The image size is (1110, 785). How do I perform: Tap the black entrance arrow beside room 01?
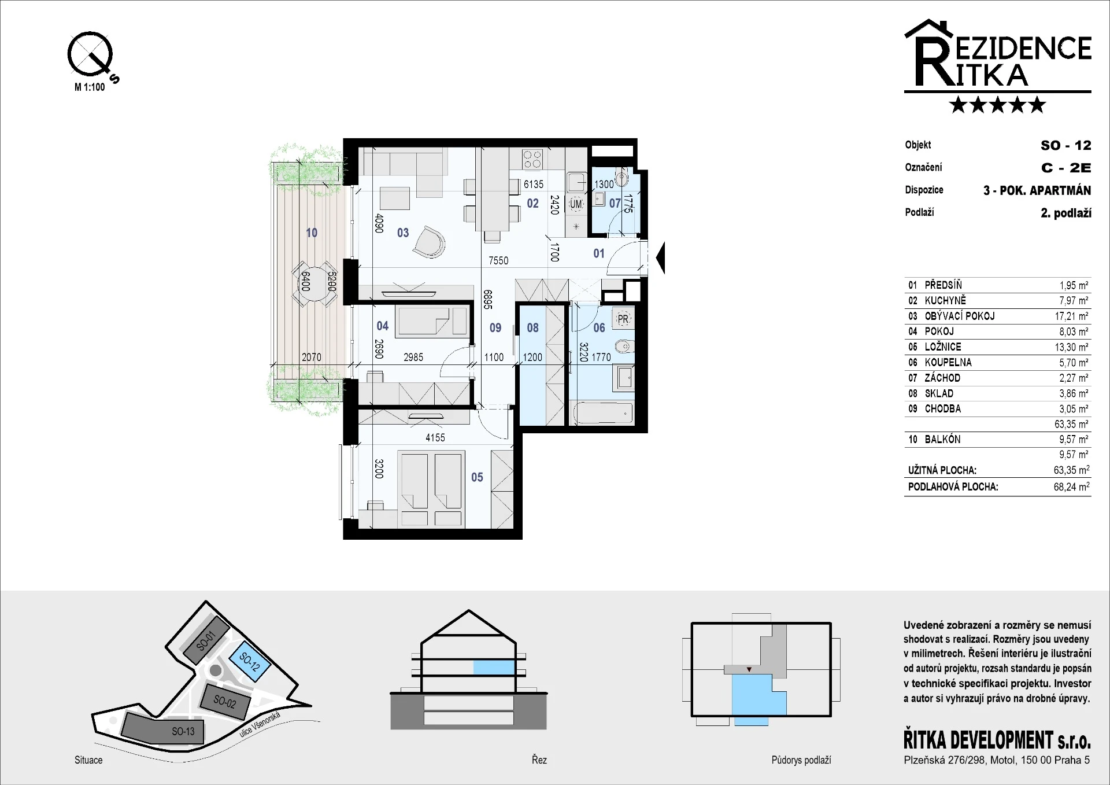click(x=661, y=258)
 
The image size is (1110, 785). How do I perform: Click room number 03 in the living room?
click(x=403, y=233)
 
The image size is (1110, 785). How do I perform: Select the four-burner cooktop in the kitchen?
click(x=532, y=159)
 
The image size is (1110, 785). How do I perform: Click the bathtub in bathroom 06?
click(x=604, y=414)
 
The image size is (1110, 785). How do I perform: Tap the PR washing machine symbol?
click(x=623, y=319)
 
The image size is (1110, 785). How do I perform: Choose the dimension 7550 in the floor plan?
click(x=498, y=261)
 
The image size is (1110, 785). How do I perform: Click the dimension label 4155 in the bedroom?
click(x=435, y=438)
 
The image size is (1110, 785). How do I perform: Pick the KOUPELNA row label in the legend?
click(x=948, y=362)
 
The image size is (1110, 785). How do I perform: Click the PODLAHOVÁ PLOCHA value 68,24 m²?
click(x=1071, y=487)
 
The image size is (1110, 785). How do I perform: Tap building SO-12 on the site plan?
click(x=249, y=661)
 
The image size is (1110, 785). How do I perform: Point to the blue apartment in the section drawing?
click(x=494, y=667)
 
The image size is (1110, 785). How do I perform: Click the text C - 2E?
click(x=1066, y=168)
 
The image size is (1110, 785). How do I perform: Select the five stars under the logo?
click(x=998, y=105)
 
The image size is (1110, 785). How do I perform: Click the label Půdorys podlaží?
click(x=801, y=760)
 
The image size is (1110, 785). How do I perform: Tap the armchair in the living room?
click(x=429, y=241)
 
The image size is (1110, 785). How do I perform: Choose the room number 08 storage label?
click(x=532, y=328)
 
